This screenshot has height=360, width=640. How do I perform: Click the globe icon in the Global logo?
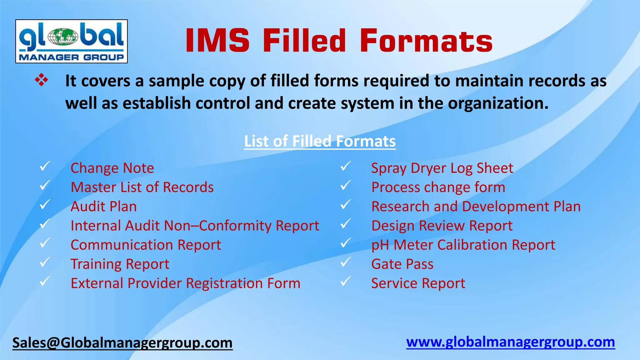tap(63, 36)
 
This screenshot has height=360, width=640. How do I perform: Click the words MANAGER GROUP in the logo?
tap(71, 57)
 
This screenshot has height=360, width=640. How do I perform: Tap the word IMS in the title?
tap(217, 41)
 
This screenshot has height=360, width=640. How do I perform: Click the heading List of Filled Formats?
tap(320, 141)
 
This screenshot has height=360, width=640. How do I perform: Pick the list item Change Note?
tap(112, 168)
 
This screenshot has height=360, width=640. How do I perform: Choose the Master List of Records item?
tap(142, 187)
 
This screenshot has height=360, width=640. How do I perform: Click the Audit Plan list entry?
tap(104, 207)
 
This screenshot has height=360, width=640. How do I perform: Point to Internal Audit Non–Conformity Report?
tap(195, 226)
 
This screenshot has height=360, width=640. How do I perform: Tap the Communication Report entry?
tap(146, 245)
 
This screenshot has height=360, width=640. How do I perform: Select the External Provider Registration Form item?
tap(185, 283)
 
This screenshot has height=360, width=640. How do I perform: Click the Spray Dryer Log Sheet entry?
tap(442, 168)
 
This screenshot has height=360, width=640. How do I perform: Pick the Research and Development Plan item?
tap(476, 207)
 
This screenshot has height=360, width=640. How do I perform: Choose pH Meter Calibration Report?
tap(463, 245)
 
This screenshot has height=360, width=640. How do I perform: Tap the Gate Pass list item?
tap(402, 264)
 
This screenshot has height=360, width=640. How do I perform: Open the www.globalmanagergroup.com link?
tap(510, 342)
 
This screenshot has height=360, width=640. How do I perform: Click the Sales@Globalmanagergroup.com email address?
tap(122, 343)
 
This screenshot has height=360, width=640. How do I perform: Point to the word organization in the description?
tap(498, 103)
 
